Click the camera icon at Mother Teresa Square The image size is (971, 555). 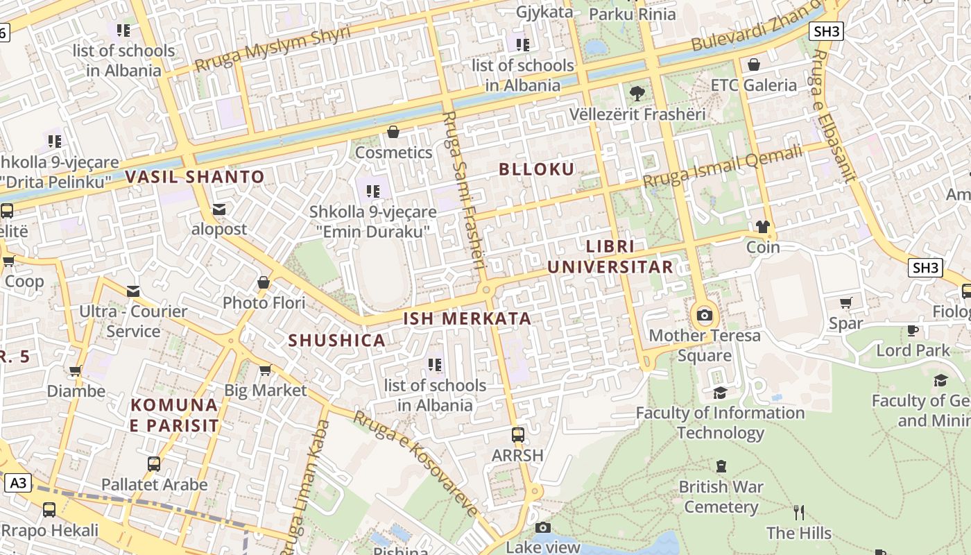[705, 315]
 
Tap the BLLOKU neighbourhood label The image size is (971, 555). [537, 169]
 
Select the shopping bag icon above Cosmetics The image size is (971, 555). [393, 132]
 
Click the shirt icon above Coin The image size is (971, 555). [763, 226]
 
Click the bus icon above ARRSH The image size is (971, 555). [517, 435]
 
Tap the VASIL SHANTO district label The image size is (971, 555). [195, 177]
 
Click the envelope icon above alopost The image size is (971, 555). [219, 209]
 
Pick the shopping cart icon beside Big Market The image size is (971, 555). [265, 370]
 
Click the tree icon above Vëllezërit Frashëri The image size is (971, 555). [637, 93]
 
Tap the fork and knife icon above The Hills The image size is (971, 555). [799, 513]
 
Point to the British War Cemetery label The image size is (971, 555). [721, 497]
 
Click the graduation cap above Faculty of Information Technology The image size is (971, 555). [720, 393]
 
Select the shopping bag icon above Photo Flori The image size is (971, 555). [264, 282]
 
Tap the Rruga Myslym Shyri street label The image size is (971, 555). [272, 49]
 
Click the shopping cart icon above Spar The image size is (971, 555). [846, 303]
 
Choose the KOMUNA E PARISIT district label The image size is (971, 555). [174, 415]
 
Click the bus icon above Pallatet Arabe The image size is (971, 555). [154, 464]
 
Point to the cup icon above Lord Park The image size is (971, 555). [913, 330]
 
